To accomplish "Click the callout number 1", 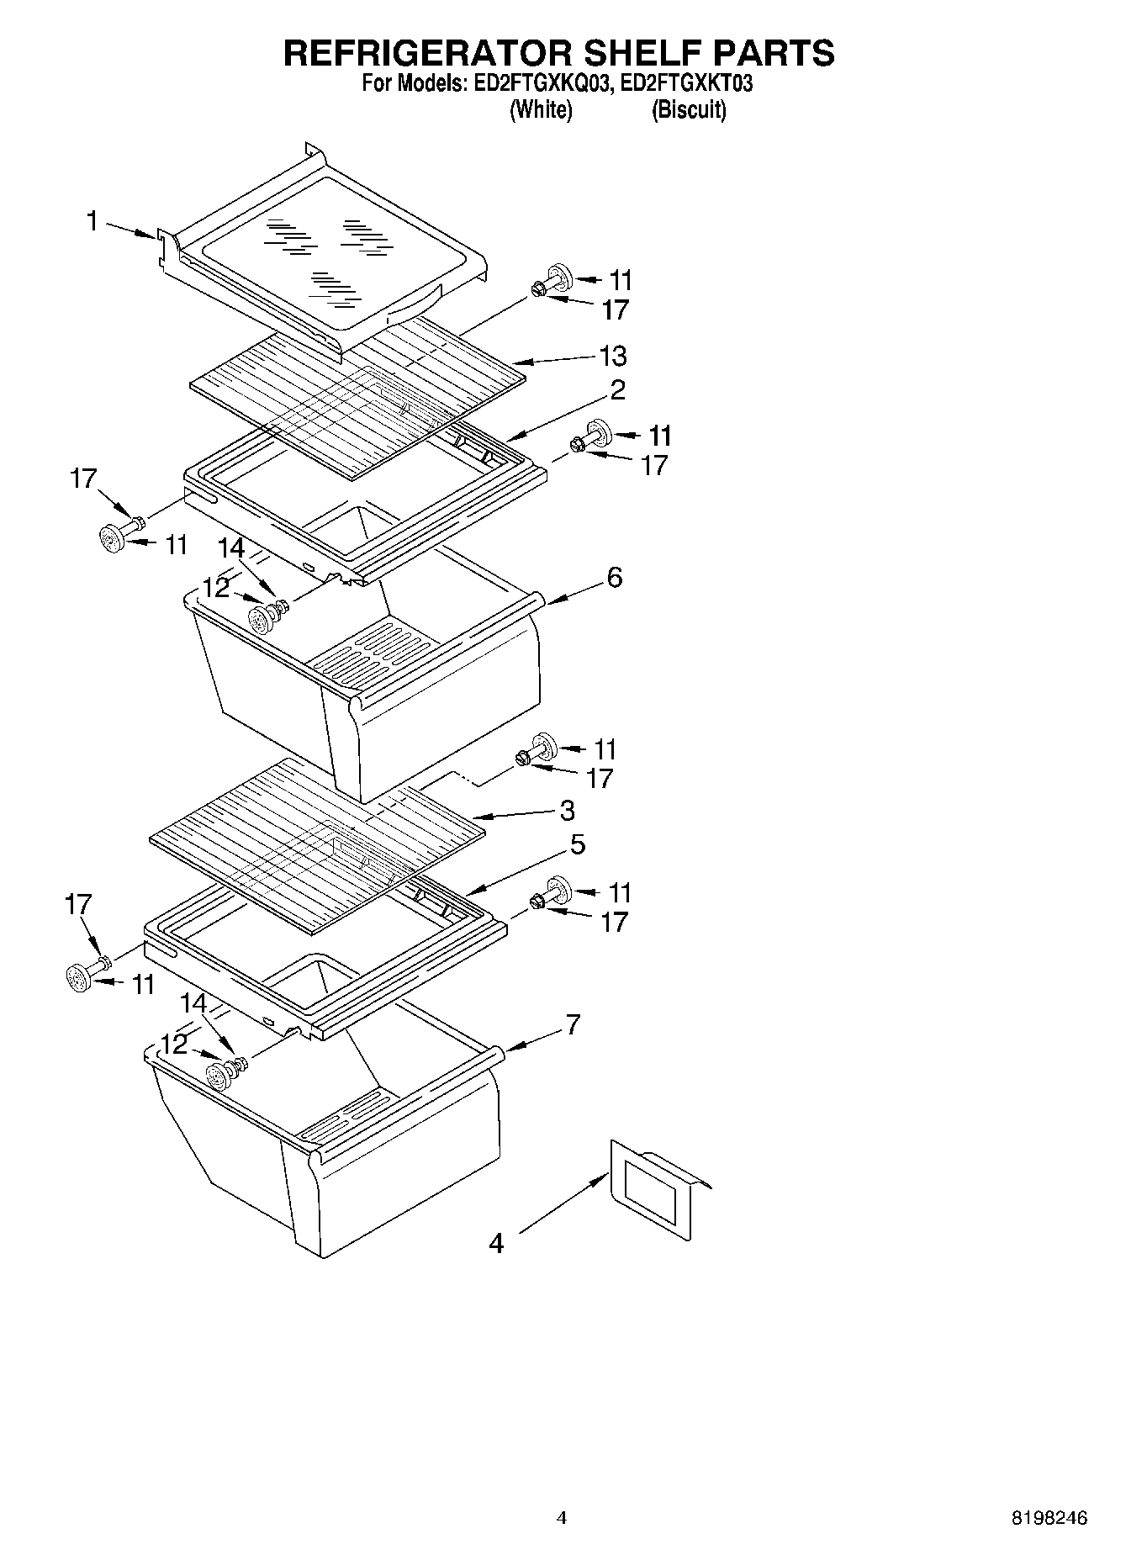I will click(x=92, y=221).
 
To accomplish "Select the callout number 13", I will click(x=613, y=356).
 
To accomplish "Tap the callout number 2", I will click(x=617, y=389).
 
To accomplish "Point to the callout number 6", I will click(x=615, y=578).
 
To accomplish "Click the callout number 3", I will click(x=568, y=811).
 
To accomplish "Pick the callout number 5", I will click(x=577, y=844).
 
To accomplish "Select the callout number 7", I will click(x=573, y=1025).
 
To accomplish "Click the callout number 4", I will click(x=496, y=1243).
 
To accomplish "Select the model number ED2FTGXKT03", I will click(x=686, y=84).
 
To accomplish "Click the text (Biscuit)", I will click(x=689, y=110).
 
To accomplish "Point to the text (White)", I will click(x=541, y=110).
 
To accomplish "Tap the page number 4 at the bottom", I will click(x=562, y=1518).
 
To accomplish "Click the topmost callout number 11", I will click(x=621, y=280).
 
